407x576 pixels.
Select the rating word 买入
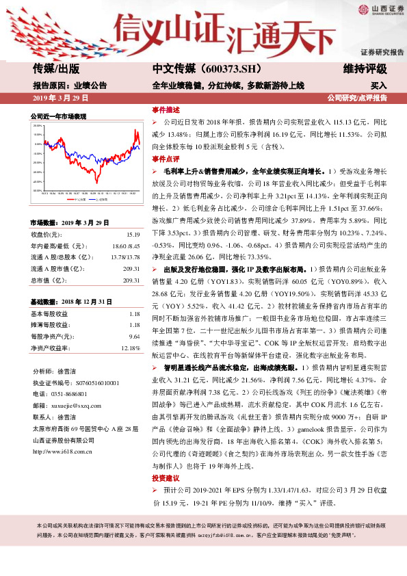[x=379, y=86]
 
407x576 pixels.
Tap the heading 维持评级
[x=365, y=69]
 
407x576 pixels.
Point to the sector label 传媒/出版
[x=56, y=69]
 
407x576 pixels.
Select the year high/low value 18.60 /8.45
[x=126, y=244]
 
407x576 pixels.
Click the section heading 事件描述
[x=166, y=109]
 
